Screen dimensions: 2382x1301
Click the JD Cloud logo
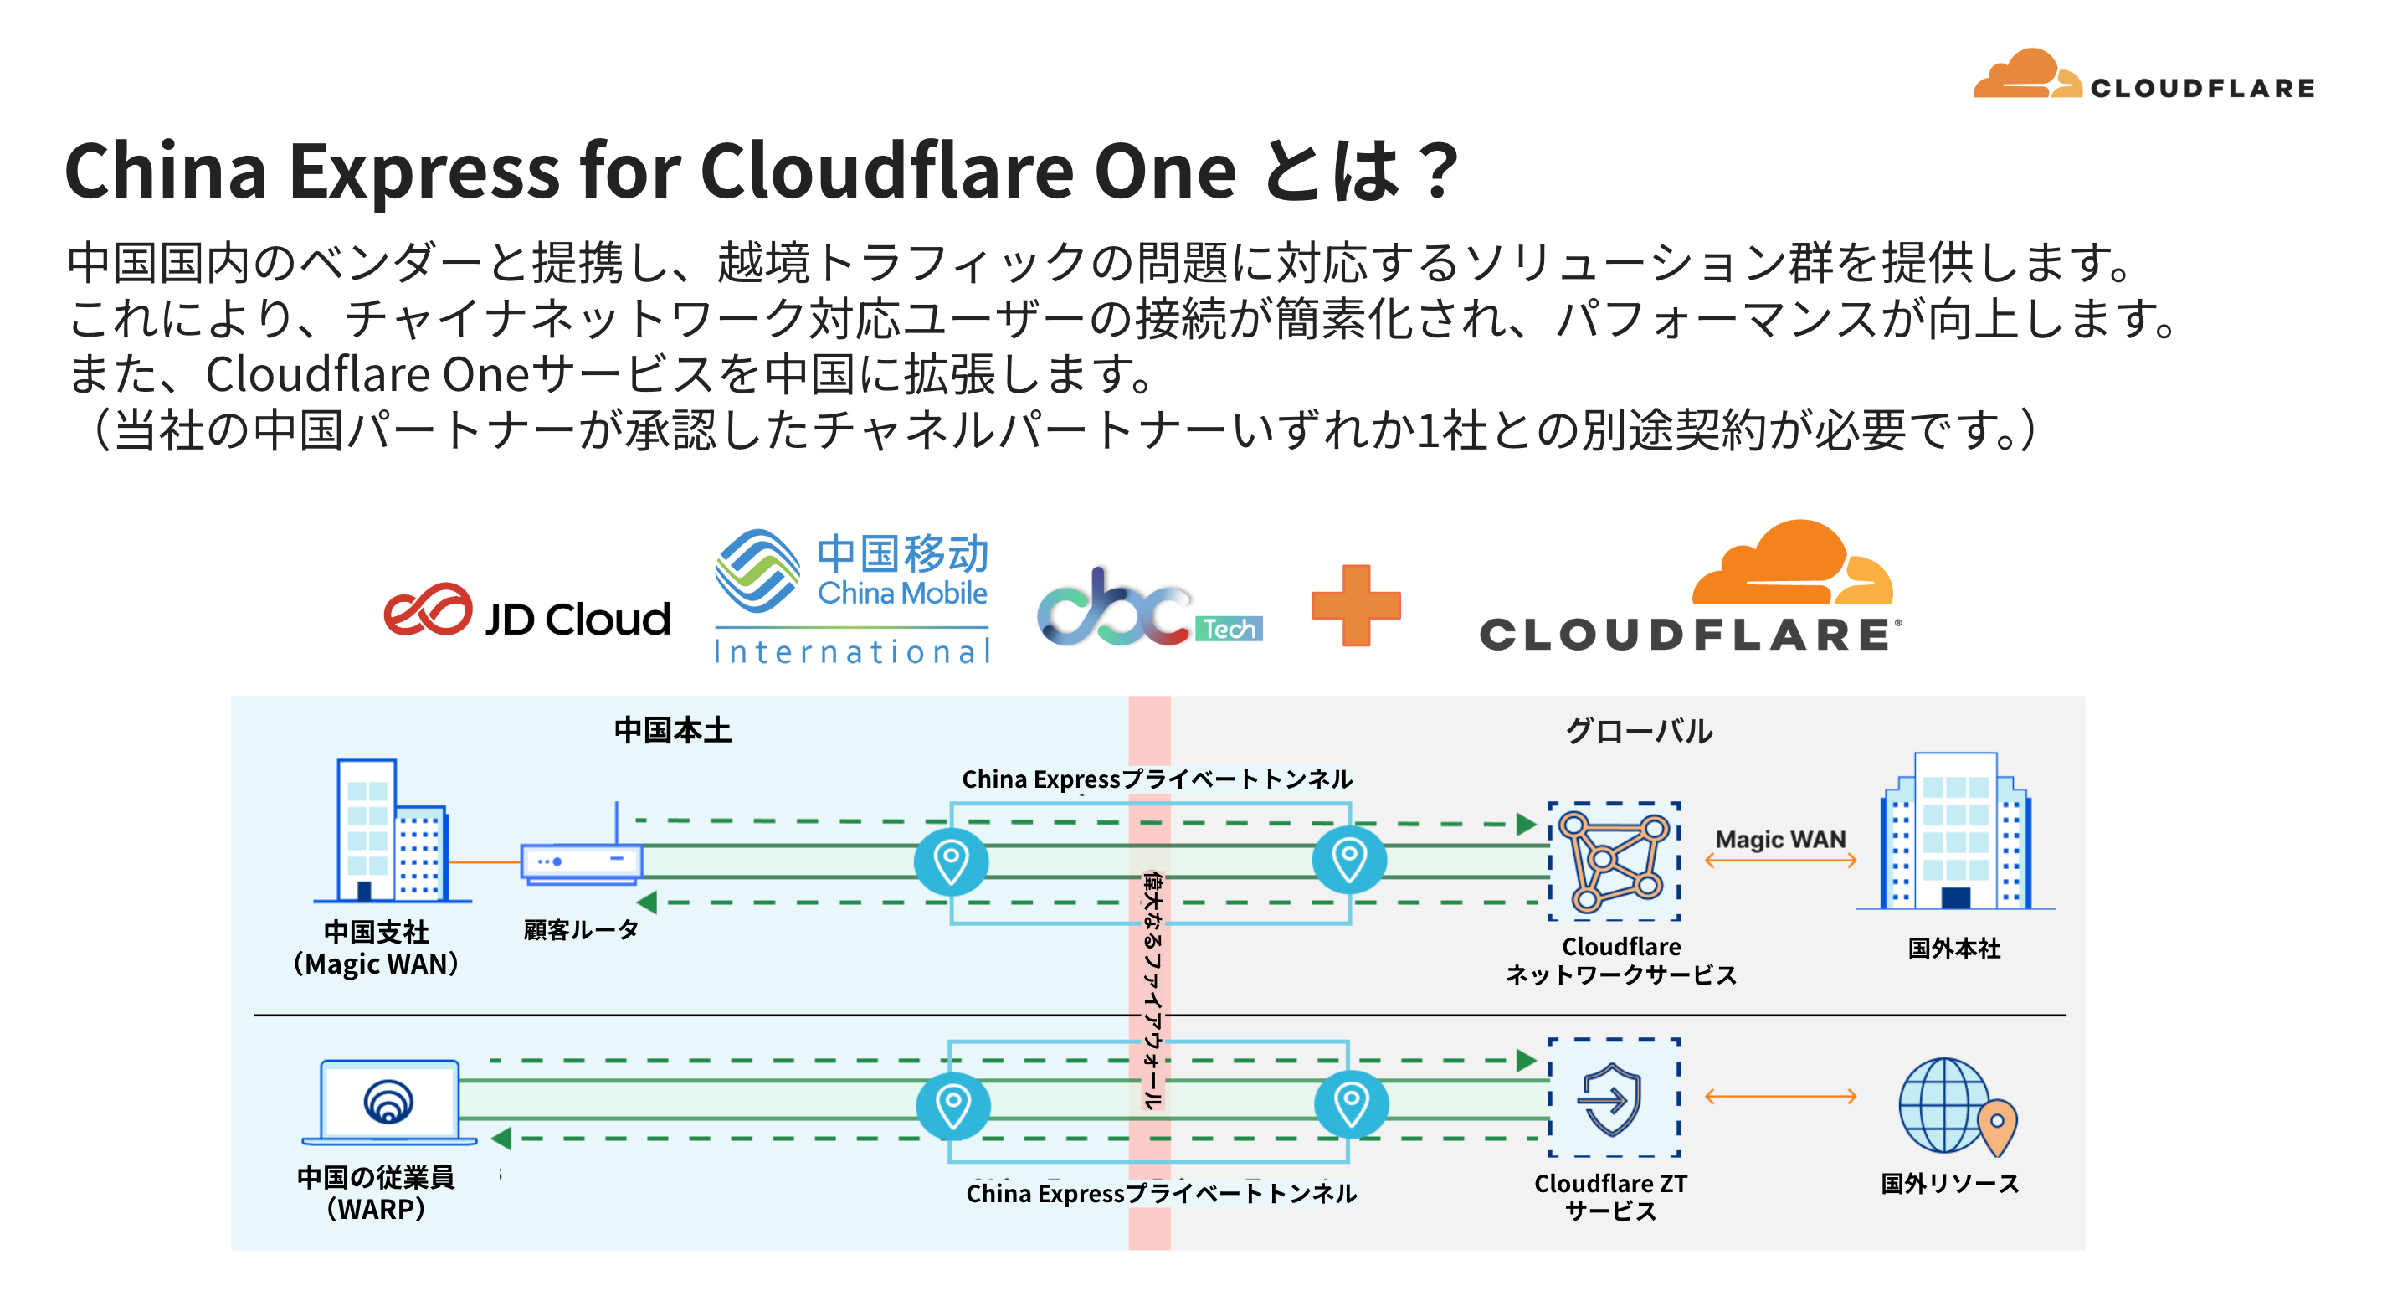[x=527, y=612]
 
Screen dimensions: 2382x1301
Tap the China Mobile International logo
[x=852, y=597]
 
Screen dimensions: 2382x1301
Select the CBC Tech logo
[x=1149, y=607]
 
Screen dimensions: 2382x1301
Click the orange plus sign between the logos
[x=1356, y=605]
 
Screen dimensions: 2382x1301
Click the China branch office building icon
[x=392, y=830]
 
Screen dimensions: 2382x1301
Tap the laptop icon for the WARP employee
[x=389, y=1103]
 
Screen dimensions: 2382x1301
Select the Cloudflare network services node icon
[x=1614, y=861]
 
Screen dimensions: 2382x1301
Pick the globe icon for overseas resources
[x=1958, y=1107]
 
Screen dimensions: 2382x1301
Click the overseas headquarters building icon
[x=1955, y=831]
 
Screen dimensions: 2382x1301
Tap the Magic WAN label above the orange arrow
[x=1780, y=840]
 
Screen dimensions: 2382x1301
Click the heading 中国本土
[x=672, y=731]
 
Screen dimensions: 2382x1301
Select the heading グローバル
[x=1639, y=731]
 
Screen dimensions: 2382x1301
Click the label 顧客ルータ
[x=581, y=929]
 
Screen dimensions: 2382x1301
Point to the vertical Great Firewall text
[x=1151, y=990]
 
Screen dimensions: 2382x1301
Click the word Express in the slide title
[x=425, y=172]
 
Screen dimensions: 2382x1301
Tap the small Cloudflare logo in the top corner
[x=2143, y=74]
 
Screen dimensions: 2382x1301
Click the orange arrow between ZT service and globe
[x=1780, y=1097]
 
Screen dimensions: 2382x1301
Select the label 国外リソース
[x=1949, y=1184]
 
